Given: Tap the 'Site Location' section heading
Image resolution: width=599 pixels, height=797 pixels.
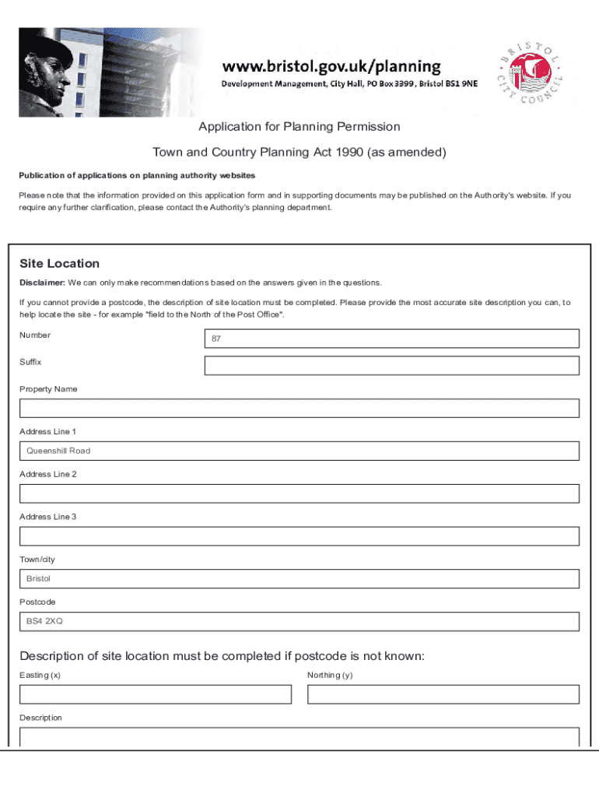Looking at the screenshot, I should (60, 264).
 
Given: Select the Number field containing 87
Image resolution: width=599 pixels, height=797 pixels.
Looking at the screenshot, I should (391, 339).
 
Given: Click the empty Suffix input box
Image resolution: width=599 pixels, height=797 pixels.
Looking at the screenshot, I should (391, 366).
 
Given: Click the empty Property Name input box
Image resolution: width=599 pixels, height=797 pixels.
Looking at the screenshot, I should (299, 409).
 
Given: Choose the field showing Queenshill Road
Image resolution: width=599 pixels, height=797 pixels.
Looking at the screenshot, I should (299, 451).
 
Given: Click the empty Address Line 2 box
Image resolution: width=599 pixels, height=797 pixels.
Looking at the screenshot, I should (299, 493).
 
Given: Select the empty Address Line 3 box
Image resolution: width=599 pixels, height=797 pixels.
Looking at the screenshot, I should (299, 536).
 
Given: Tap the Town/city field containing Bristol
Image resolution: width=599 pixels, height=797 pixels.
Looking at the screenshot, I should (299, 579).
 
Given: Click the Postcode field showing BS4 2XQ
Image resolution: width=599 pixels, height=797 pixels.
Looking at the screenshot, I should (299, 621).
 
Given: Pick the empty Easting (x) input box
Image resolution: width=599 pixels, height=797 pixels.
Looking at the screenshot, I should (155, 694).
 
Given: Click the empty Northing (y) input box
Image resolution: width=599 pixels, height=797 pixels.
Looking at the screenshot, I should (443, 694).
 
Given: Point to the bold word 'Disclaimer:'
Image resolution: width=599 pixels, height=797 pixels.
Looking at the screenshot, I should (42, 283).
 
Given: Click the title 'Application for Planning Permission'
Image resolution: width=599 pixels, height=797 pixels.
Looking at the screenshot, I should (299, 127).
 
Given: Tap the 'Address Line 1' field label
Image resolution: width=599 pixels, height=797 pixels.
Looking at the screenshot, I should (47, 431).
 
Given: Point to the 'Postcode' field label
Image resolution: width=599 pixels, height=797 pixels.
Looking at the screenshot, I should (37, 602).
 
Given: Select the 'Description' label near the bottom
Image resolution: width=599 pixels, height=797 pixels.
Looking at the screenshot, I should (40, 718).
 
